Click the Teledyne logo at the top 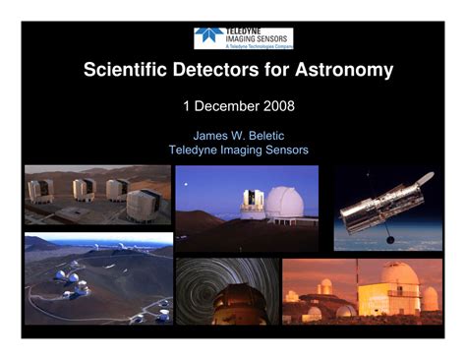[243, 38]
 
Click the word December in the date [222, 103]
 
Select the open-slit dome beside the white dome [253, 202]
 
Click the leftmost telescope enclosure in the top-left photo [41, 189]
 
